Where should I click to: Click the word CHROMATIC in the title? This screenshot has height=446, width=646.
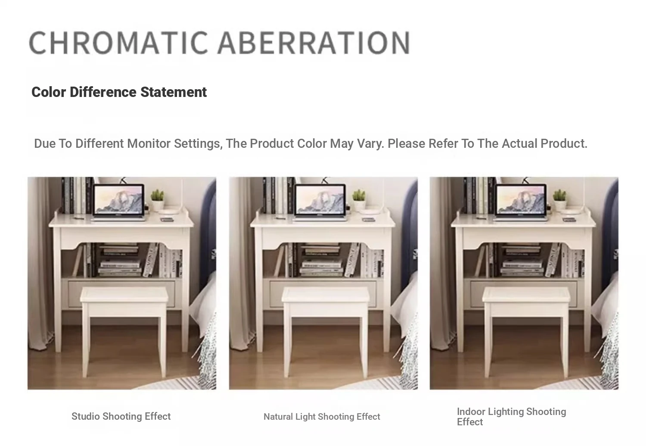pos(118,42)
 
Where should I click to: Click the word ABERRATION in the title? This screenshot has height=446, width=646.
pos(314,42)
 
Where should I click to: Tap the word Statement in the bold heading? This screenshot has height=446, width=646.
pos(173,92)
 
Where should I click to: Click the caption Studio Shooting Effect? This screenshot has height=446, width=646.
pos(121,416)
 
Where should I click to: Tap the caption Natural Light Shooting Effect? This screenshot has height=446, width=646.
pos(322,417)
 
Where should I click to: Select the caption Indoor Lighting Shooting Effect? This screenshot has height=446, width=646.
pos(511,417)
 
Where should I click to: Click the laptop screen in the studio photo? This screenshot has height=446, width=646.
pos(119,200)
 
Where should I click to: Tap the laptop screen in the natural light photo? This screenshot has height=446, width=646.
pos(320,200)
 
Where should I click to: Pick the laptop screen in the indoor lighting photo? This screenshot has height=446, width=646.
pos(521,200)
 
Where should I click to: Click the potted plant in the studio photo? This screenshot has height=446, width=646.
pos(158,200)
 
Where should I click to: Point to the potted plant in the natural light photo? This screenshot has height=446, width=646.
pos(359,200)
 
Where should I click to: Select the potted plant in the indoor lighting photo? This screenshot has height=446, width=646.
pos(559,200)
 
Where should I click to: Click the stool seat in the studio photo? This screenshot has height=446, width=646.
pos(124,295)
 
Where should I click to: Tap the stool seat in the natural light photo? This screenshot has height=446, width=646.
pos(325,295)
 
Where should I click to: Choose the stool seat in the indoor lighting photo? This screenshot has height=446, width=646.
pos(526,295)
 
